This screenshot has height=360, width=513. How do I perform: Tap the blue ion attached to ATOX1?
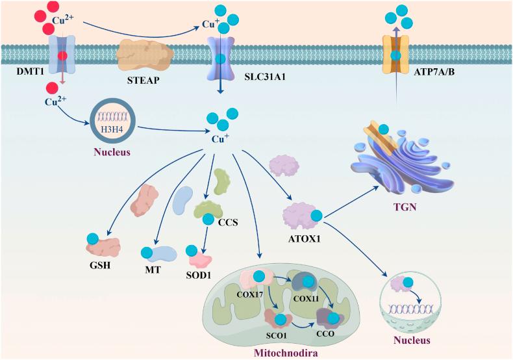[316, 215]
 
